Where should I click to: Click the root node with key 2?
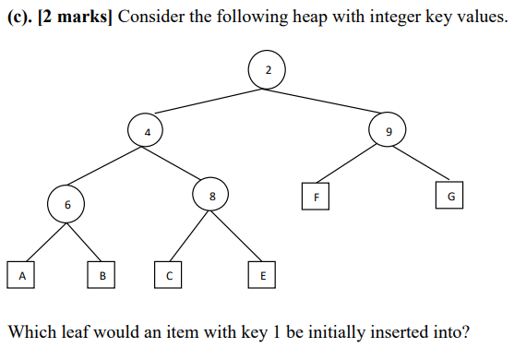267,70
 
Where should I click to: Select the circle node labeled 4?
146,132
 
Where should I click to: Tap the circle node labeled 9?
388,132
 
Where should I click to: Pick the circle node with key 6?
66,203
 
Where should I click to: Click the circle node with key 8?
211,195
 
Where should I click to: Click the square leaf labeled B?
102,274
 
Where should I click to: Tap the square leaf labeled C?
168,274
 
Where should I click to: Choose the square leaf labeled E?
262,274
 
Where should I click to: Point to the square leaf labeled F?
316,196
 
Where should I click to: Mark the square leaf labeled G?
450,196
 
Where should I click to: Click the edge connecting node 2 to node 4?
207,102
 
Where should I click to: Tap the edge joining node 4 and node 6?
106,167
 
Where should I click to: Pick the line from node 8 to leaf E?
237,236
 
